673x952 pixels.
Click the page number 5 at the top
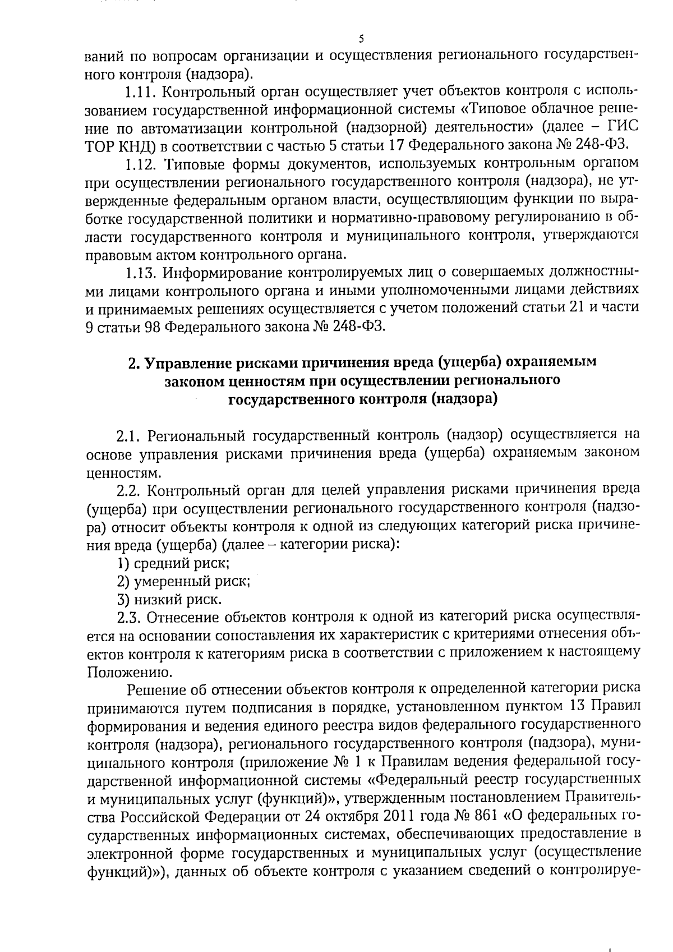(x=361, y=39)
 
